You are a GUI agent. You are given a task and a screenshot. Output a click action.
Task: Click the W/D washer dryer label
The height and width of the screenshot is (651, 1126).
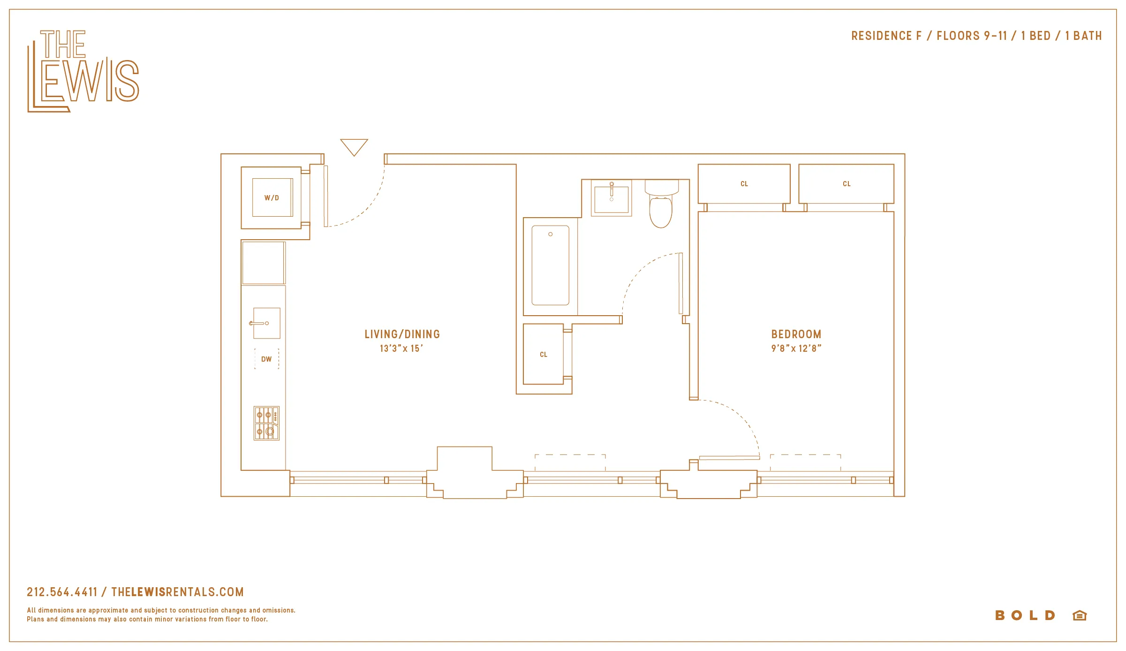tap(272, 198)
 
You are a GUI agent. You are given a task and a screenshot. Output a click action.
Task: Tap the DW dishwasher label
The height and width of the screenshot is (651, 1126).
tap(266, 359)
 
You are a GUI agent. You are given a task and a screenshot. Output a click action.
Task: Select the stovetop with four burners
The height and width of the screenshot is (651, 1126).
tap(266, 423)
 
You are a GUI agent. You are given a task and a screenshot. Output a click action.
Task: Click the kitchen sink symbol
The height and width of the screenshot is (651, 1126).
tap(266, 323)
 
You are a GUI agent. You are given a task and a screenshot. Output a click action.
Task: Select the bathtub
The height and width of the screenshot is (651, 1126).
tap(551, 265)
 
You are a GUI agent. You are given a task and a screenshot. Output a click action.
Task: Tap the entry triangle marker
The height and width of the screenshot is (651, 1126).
tap(354, 146)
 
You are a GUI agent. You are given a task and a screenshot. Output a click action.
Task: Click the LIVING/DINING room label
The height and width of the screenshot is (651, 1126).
tap(402, 334)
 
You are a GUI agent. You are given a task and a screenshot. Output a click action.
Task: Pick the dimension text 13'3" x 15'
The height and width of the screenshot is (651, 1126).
tap(401, 348)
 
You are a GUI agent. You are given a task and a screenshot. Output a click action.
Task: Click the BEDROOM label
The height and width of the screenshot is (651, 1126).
tap(796, 334)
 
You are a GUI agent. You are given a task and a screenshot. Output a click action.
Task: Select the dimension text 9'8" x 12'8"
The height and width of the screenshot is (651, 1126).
tap(796, 348)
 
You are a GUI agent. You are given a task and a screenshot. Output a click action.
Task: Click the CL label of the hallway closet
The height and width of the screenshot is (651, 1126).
tap(544, 355)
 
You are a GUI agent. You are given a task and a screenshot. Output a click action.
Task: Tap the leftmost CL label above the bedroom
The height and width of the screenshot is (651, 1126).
tap(744, 184)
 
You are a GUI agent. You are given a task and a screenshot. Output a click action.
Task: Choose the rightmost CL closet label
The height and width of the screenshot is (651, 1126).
tap(846, 184)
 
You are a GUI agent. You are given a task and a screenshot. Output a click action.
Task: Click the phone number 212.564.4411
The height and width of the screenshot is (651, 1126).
tap(62, 592)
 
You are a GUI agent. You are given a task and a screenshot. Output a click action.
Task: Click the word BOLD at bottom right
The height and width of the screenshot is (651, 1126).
tap(1025, 615)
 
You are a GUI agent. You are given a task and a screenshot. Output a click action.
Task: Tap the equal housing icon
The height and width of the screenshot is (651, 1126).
tap(1080, 615)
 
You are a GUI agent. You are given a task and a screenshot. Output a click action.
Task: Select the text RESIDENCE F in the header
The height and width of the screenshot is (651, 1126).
tap(886, 36)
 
